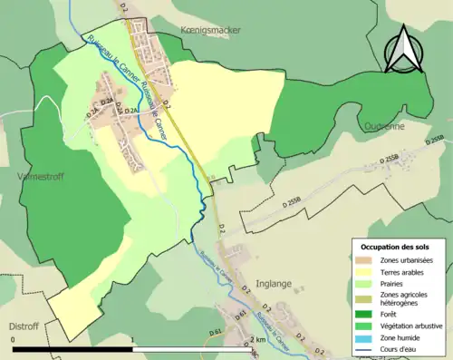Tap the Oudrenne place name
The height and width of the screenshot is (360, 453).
coord(384,127)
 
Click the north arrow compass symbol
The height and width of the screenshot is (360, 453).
coord(402,50)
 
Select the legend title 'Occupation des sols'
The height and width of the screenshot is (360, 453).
coord(395,247)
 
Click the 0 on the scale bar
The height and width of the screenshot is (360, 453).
coord(14,341)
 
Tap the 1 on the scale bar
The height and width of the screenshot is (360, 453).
coord(133,341)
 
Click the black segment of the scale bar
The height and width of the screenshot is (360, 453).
coord(73,349)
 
